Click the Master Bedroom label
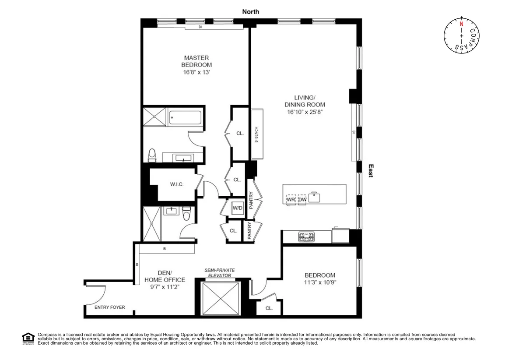(196, 61)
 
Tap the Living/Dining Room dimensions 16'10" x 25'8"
(305, 112)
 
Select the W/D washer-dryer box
(238, 208)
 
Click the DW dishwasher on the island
(302, 200)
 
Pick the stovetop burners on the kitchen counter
(306, 237)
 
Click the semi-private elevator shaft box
(220, 298)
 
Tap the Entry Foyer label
(109, 307)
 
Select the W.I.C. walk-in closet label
(176, 184)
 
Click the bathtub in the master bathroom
(186, 117)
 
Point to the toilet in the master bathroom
(152, 155)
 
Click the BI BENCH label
(256, 134)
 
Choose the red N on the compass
(461, 25)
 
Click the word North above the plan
(250, 12)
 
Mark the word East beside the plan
(370, 170)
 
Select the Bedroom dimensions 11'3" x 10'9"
(320, 282)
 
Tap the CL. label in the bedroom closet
(269, 308)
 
